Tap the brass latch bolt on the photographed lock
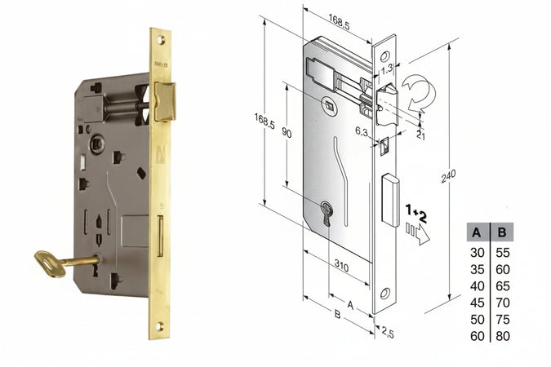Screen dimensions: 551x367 coord(164,101)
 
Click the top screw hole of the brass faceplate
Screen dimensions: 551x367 coord(161,40)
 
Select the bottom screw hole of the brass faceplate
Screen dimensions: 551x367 coord(159,326)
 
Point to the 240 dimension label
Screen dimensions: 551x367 coord(448,176)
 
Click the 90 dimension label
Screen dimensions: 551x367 coord(287,134)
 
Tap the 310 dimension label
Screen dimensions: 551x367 coord(341,266)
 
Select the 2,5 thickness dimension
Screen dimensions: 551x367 coord(387,332)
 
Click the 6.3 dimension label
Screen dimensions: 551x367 coord(362,131)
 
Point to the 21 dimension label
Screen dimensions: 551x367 coord(420,135)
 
